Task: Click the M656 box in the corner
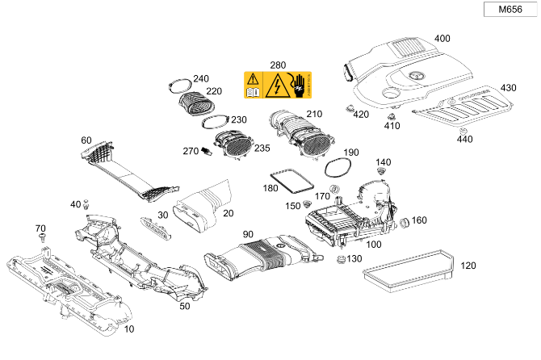pos(510,10)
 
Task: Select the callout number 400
pos(442,39)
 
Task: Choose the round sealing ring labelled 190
pos(337,167)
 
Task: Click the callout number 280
pos(278,65)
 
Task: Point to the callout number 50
pos(184,306)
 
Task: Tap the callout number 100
pos(375,244)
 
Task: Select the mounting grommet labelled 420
pos(349,107)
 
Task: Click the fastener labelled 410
pos(390,118)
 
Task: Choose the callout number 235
pos(263,149)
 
